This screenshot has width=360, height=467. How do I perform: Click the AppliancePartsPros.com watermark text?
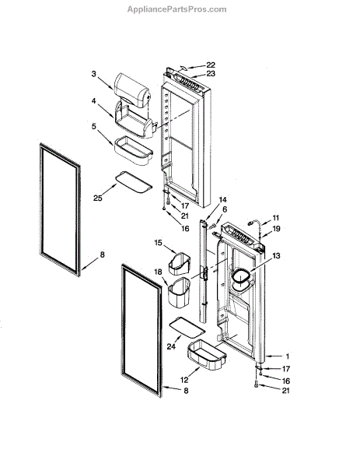(x=177, y=9)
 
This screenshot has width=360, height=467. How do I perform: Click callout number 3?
(x=94, y=74)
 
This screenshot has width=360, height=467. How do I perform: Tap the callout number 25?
(x=98, y=198)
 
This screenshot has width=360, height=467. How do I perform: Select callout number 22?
(x=211, y=65)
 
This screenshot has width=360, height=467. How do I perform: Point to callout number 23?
(x=211, y=73)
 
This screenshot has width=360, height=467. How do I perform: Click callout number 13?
(x=276, y=255)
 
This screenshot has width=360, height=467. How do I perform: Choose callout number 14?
(x=222, y=199)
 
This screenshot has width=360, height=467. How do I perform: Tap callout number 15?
(x=158, y=243)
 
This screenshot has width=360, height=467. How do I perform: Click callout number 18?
(x=158, y=272)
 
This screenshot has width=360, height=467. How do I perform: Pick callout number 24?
(x=171, y=346)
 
